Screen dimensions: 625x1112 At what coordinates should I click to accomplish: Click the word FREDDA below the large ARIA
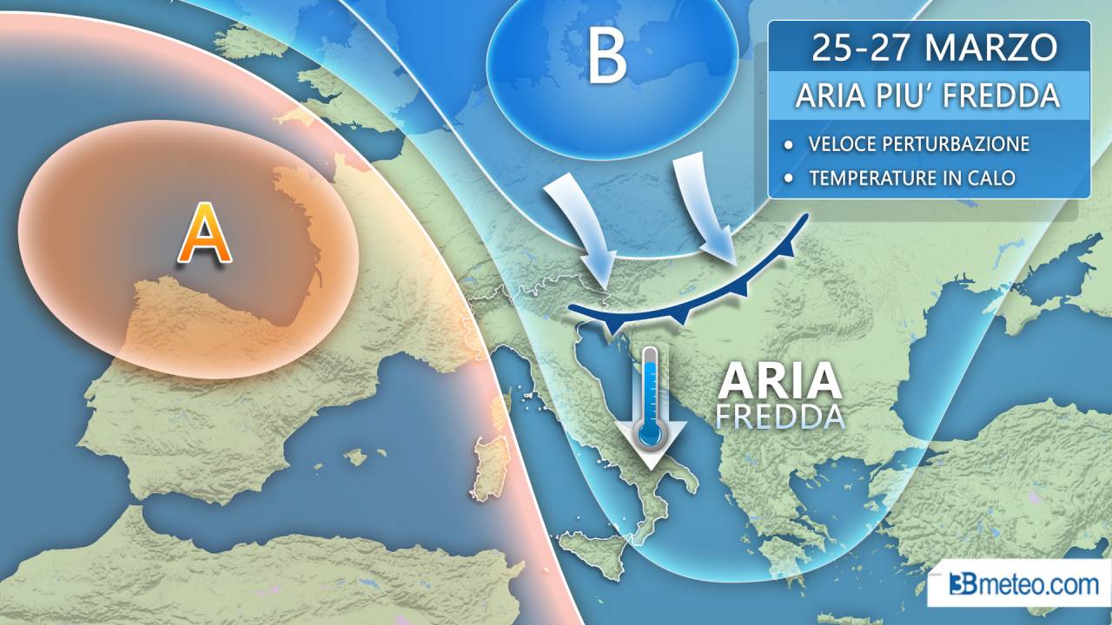click(x=779, y=417)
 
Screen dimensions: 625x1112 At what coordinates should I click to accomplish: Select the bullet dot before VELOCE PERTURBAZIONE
click(x=788, y=143)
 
